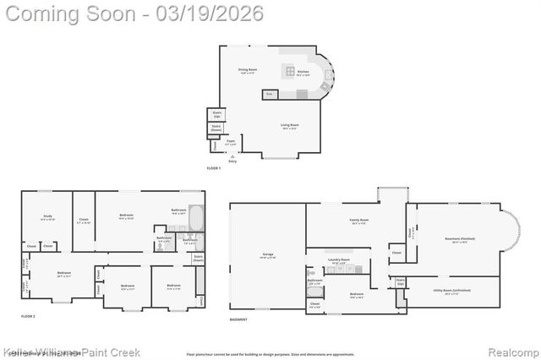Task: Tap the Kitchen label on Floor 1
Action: click(303, 73)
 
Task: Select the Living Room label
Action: click(290, 125)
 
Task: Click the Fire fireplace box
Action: click(270, 95)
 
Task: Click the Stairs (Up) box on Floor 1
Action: click(216, 114)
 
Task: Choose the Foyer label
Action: click(231, 144)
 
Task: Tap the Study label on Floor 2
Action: click(47, 217)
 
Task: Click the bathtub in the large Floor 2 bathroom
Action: click(196, 219)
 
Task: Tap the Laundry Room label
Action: click(340, 260)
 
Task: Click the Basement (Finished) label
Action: click(459, 239)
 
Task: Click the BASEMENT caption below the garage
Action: click(238, 320)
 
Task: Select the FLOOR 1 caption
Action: click(214, 168)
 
